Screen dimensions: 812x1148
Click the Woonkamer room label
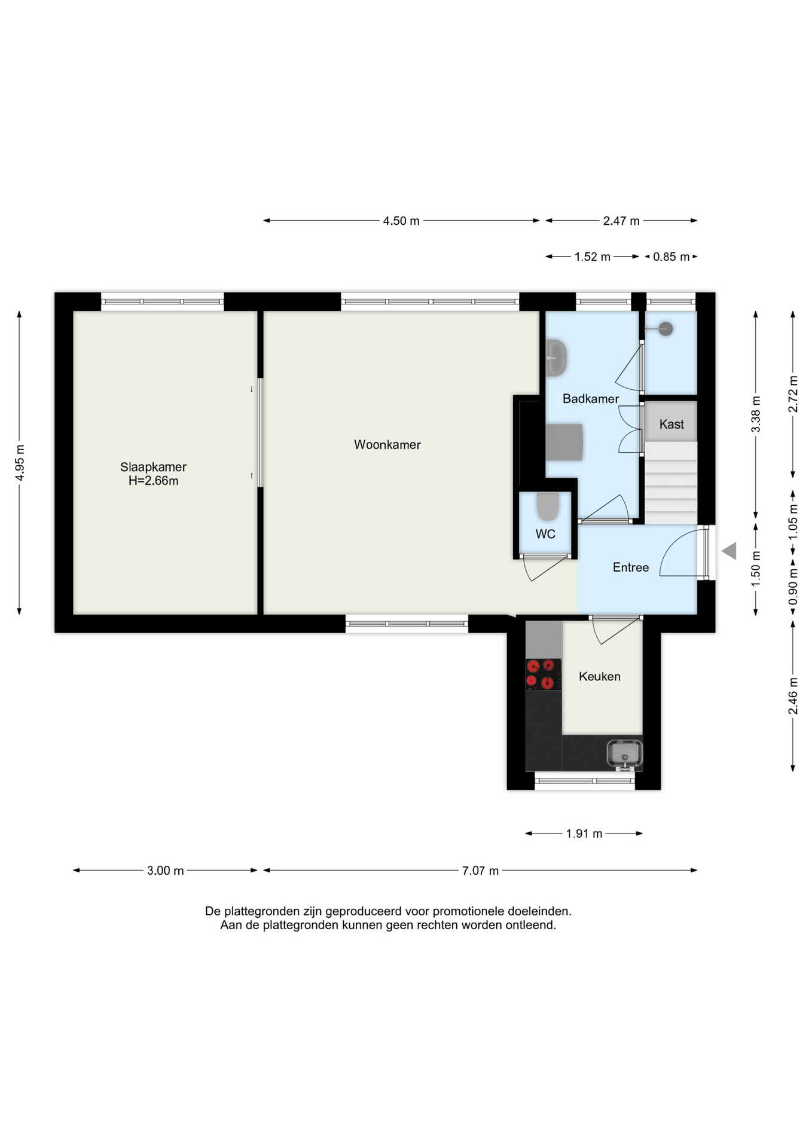point(387,445)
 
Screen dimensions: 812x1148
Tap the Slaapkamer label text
point(153,467)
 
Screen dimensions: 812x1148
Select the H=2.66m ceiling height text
point(153,481)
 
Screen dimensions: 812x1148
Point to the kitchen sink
point(624,753)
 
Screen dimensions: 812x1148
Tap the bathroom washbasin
point(556,358)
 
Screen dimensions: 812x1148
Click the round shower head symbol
point(666,328)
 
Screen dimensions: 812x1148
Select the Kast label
point(671,425)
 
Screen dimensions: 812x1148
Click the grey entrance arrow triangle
point(729,551)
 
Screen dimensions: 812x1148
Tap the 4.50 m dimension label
point(401,221)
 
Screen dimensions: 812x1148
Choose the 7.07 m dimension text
point(480,871)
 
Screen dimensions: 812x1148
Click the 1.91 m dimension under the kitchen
point(584,833)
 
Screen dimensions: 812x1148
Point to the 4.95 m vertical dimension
point(20,462)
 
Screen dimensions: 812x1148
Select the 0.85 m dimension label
point(671,257)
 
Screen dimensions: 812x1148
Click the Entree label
point(631,567)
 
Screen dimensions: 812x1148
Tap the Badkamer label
point(591,399)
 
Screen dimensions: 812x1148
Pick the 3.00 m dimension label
point(166,871)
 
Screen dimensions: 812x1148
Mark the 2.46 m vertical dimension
point(793,696)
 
